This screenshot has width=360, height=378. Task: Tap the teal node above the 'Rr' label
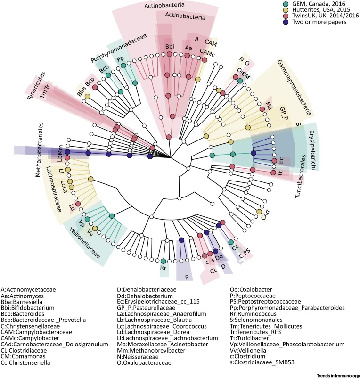(163, 261)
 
